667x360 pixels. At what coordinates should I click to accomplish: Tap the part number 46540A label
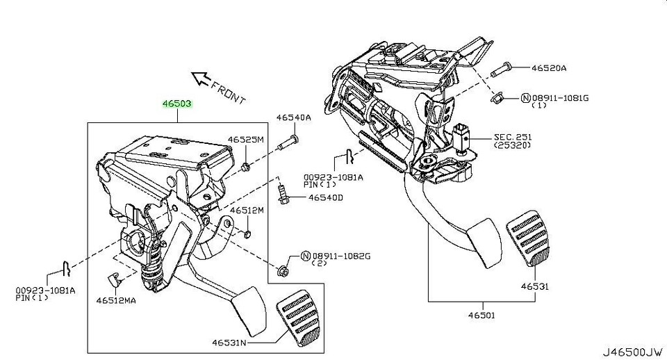click(294, 118)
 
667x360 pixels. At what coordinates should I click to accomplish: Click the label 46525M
click(248, 140)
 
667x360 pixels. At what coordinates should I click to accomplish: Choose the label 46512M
click(247, 210)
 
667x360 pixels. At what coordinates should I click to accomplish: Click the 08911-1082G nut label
click(340, 256)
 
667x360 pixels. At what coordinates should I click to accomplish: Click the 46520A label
click(550, 68)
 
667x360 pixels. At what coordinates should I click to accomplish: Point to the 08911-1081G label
click(559, 98)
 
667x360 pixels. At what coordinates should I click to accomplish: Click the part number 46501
click(481, 315)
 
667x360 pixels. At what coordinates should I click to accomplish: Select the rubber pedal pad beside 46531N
click(300, 320)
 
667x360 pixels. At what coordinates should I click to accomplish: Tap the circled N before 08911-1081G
click(525, 98)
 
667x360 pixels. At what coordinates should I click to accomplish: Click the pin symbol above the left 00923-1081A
click(62, 265)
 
